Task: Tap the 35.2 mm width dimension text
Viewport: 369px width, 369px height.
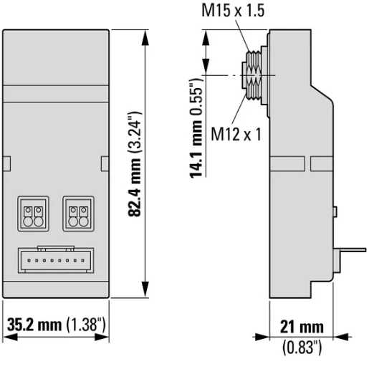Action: point(34,326)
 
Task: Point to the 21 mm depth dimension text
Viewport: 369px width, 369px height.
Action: point(297,327)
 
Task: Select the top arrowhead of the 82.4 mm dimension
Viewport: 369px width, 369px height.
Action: point(148,34)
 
